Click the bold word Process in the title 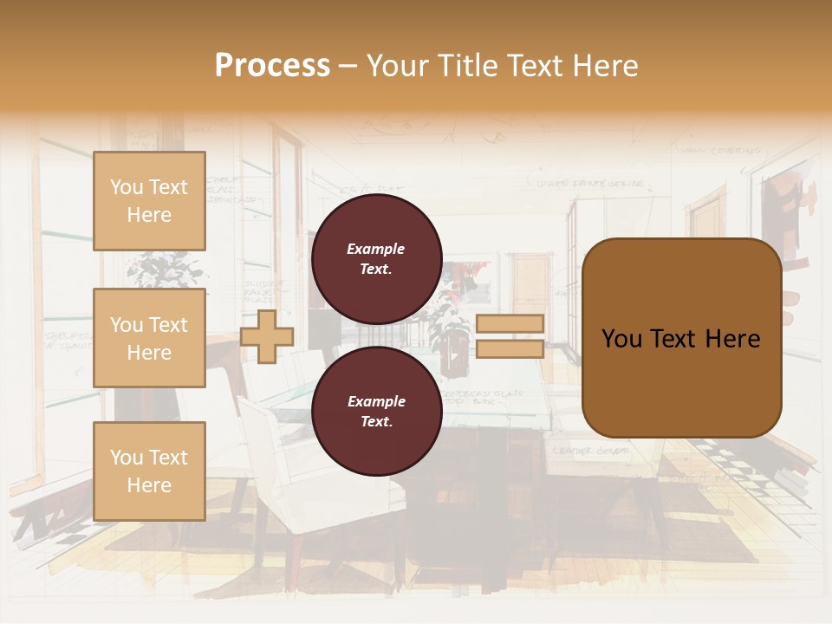pos(272,66)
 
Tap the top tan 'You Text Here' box pos(149,201)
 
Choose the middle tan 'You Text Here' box pos(149,338)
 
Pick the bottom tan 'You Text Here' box pos(149,471)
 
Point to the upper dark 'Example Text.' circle pos(376,259)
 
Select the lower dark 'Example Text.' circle pos(376,412)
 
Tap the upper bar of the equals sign pos(510,323)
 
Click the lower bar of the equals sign pos(510,348)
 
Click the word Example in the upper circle pos(376,249)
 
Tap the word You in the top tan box pos(127,187)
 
